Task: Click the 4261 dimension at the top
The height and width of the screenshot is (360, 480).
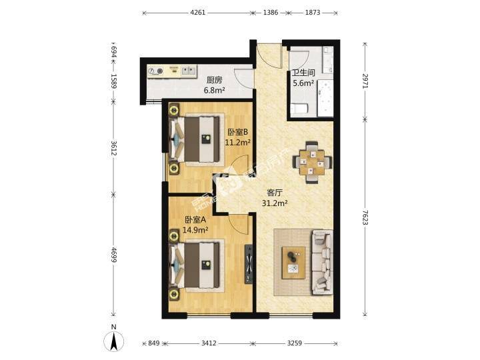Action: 198,13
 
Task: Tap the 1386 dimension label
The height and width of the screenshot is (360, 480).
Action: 271,13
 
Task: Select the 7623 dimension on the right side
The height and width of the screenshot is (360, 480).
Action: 365,217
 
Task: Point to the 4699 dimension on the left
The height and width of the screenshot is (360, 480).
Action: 113,255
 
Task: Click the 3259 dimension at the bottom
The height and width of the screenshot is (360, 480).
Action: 295,343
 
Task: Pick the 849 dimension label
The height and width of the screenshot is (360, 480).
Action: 154,343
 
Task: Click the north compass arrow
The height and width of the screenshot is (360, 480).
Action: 114,341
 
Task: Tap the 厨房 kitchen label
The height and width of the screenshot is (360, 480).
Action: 214,80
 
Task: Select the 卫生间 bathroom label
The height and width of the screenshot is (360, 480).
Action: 303,73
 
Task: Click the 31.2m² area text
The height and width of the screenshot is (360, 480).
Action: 275,203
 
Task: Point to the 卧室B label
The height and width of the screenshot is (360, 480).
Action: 237,132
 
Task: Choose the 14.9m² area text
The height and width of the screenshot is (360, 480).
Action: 195,229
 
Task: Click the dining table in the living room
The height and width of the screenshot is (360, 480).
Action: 312,162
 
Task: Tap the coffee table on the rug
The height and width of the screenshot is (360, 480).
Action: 294,263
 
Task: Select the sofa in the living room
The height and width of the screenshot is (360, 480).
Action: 323,263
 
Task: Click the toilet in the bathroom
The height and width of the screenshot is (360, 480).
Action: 299,109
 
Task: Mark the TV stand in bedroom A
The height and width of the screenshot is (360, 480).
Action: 249,264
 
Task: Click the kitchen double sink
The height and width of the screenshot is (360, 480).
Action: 189,71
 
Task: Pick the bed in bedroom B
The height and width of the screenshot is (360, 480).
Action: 195,139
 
